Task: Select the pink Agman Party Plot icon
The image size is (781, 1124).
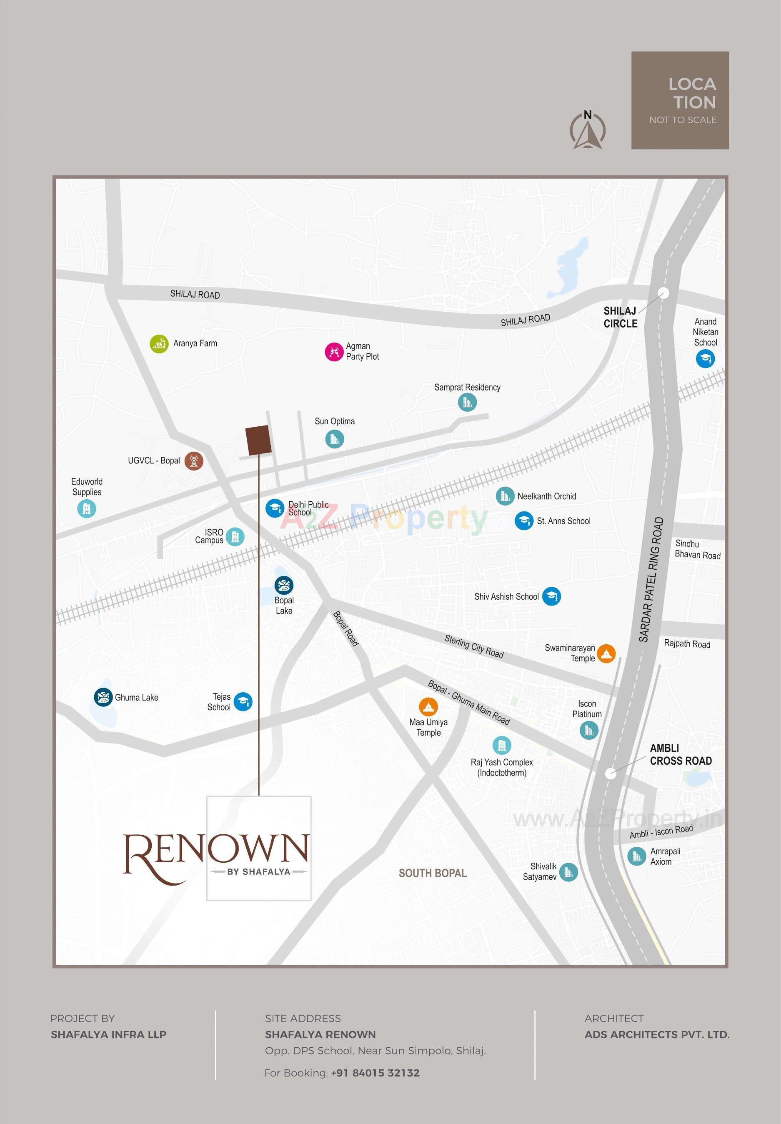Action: (334, 352)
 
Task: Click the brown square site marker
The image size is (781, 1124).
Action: (258, 440)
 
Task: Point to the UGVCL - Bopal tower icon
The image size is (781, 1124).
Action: (194, 461)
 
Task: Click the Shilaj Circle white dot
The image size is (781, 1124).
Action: (663, 293)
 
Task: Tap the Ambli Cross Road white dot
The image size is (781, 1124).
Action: (610, 774)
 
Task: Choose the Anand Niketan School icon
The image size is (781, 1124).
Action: (705, 359)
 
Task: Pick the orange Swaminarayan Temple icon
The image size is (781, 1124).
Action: (606, 653)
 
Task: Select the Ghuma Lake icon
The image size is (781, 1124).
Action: (103, 697)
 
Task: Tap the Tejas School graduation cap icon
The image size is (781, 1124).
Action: (243, 702)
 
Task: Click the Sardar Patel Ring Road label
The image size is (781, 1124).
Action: (651, 579)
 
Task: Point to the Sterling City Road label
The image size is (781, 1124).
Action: (474, 646)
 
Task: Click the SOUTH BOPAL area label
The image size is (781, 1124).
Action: (433, 874)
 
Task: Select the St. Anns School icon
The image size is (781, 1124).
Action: (523, 521)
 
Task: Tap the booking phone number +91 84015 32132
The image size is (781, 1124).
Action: (375, 1073)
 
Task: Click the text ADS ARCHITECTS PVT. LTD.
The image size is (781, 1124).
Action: (657, 1034)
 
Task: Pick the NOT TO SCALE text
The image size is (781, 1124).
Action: (683, 120)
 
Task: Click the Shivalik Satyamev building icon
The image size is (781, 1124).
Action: (568, 871)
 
